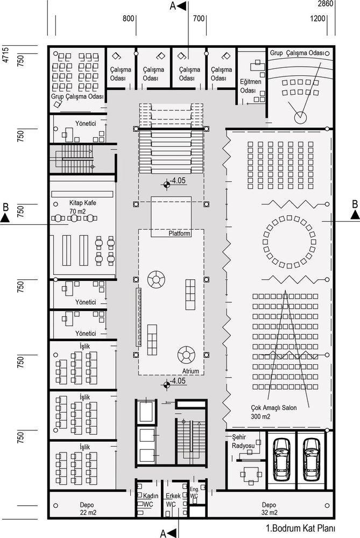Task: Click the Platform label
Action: pyautogui.click(x=179, y=233)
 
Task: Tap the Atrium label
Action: pyautogui.click(x=190, y=371)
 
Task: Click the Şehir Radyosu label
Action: pyautogui.click(x=243, y=441)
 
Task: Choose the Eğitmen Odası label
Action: pyautogui.click(x=251, y=86)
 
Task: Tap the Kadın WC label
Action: pyautogui.click(x=150, y=500)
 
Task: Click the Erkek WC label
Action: pyautogui.click(x=173, y=500)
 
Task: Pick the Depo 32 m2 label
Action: pyautogui.click(x=269, y=509)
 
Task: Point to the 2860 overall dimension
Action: pyautogui.click(x=326, y=4)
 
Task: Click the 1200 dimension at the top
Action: pyautogui.click(x=317, y=18)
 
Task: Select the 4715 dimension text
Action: pyautogui.click(x=5, y=54)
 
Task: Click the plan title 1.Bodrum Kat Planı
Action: pyautogui.click(x=300, y=528)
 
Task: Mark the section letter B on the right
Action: pyautogui.click(x=355, y=204)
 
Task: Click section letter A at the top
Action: pyautogui.click(x=173, y=6)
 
